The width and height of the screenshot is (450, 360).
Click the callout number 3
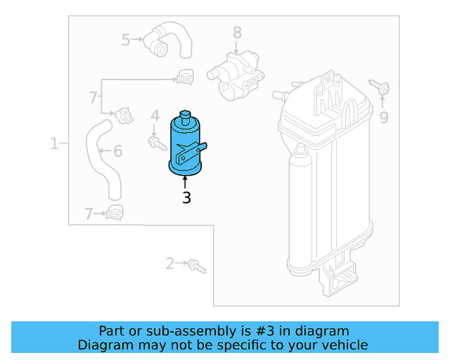click(186, 198)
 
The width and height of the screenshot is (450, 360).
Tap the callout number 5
click(126, 40)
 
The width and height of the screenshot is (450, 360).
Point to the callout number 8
click(237, 32)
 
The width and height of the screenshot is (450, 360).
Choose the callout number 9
click(384, 117)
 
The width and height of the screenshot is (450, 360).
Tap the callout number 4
click(155, 115)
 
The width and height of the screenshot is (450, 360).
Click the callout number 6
click(117, 150)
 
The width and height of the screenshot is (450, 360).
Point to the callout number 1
click(54, 144)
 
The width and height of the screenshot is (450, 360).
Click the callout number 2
click(169, 264)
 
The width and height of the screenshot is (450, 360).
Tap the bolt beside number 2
click(197, 266)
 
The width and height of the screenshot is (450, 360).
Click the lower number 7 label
click(89, 214)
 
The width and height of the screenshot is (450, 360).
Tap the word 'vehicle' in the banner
click(343, 345)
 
